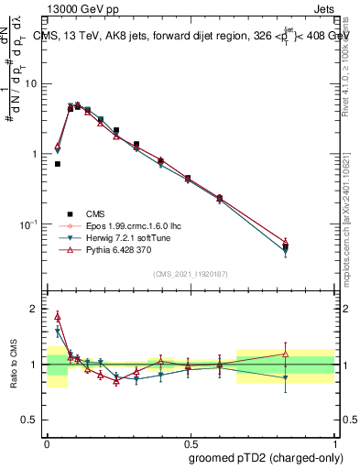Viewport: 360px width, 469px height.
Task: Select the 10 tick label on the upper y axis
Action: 35,83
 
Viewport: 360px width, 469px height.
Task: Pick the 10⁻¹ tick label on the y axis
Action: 33,224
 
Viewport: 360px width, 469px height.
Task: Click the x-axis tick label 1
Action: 333,441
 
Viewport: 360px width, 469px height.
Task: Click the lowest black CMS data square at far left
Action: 58,164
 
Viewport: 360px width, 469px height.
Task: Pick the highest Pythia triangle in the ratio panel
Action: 58,316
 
